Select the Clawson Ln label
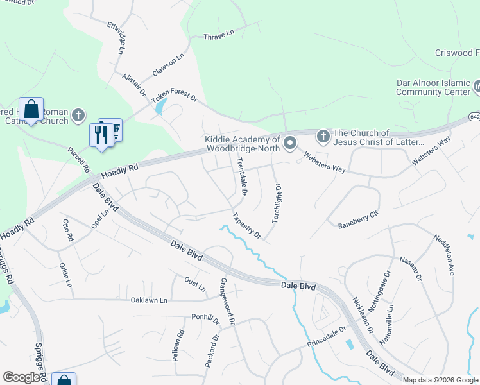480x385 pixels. [x=168, y=63]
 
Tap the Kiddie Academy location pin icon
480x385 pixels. [x=290, y=142]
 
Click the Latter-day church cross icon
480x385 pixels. [x=323, y=136]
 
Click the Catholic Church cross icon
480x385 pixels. [x=78, y=116]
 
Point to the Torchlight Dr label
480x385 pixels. [x=277, y=203]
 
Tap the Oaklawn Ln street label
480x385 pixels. [x=149, y=300]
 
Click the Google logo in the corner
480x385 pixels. [x=22, y=377]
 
